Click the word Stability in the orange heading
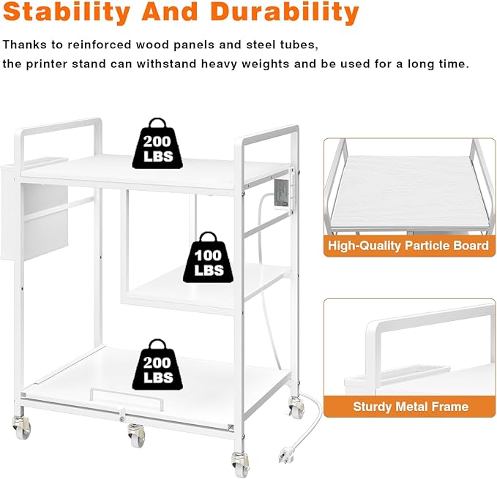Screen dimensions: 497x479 tap(67, 12)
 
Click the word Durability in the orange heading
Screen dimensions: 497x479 tap(284, 12)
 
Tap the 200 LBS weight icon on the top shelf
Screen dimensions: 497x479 tap(157, 143)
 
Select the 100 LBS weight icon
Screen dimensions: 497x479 tap(209, 257)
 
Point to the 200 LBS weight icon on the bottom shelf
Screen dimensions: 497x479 tap(157, 364)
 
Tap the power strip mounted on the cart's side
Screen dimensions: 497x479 tap(282, 194)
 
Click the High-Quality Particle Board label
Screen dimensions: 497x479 tap(408, 246)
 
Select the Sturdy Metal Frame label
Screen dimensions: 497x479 tap(411, 407)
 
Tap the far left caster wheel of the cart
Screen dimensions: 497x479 tap(21, 428)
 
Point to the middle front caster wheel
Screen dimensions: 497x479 tap(136, 435)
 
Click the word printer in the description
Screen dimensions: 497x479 tap(47, 64)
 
